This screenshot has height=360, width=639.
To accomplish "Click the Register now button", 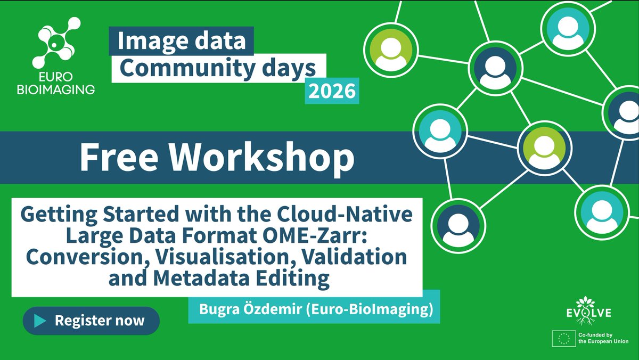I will pyautogui.click(x=91, y=321).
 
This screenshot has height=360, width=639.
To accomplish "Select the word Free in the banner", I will pyautogui.click(x=120, y=157).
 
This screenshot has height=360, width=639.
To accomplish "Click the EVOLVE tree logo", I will pyautogui.click(x=585, y=309).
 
